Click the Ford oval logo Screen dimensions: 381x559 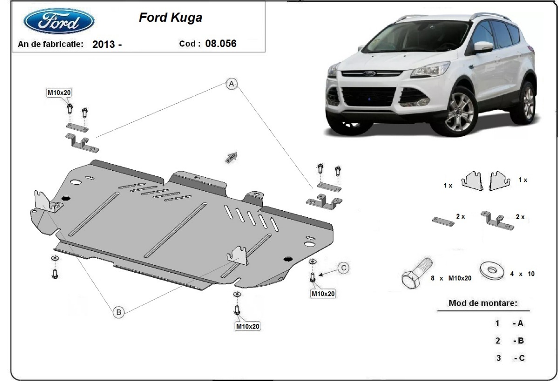(x=59, y=21)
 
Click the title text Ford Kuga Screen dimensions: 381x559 (x=170, y=18)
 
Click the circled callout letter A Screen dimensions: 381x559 (x=232, y=84)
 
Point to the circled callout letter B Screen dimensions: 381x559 (x=119, y=313)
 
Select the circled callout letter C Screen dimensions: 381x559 (x=343, y=267)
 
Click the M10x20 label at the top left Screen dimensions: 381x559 (x=59, y=93)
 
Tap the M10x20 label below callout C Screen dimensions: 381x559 (x=323, y=294)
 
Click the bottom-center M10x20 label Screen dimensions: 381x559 (x=247, y=327)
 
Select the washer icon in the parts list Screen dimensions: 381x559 (x=492, y=269)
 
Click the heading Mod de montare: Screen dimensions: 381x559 (x=483, y=303)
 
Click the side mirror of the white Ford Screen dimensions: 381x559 (x=484, y=47)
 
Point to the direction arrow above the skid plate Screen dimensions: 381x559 (x=232, y=157)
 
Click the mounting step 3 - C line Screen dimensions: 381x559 (x=510, y=358)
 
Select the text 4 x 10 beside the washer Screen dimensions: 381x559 (x=522, y=274)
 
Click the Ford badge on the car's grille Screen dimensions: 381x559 (x=370, y=74)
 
